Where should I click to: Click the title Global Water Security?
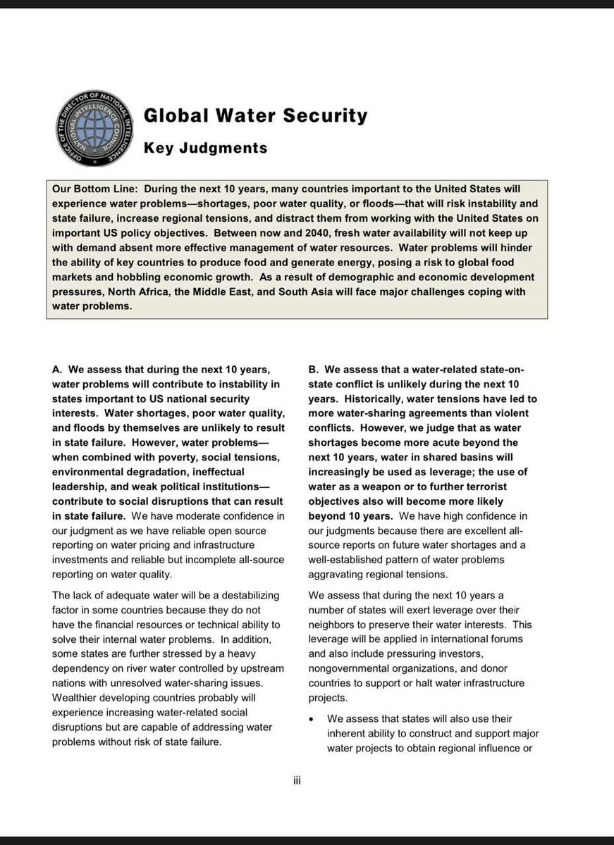click(x=255, y=115)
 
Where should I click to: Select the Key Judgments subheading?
click(x=205, y=148)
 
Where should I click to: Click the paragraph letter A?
click(x=56, y=369)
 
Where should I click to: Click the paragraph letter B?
click(x=313, y=369)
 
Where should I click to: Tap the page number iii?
click(x=297, y=780)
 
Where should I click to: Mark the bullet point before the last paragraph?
click(x=312, y=719)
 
